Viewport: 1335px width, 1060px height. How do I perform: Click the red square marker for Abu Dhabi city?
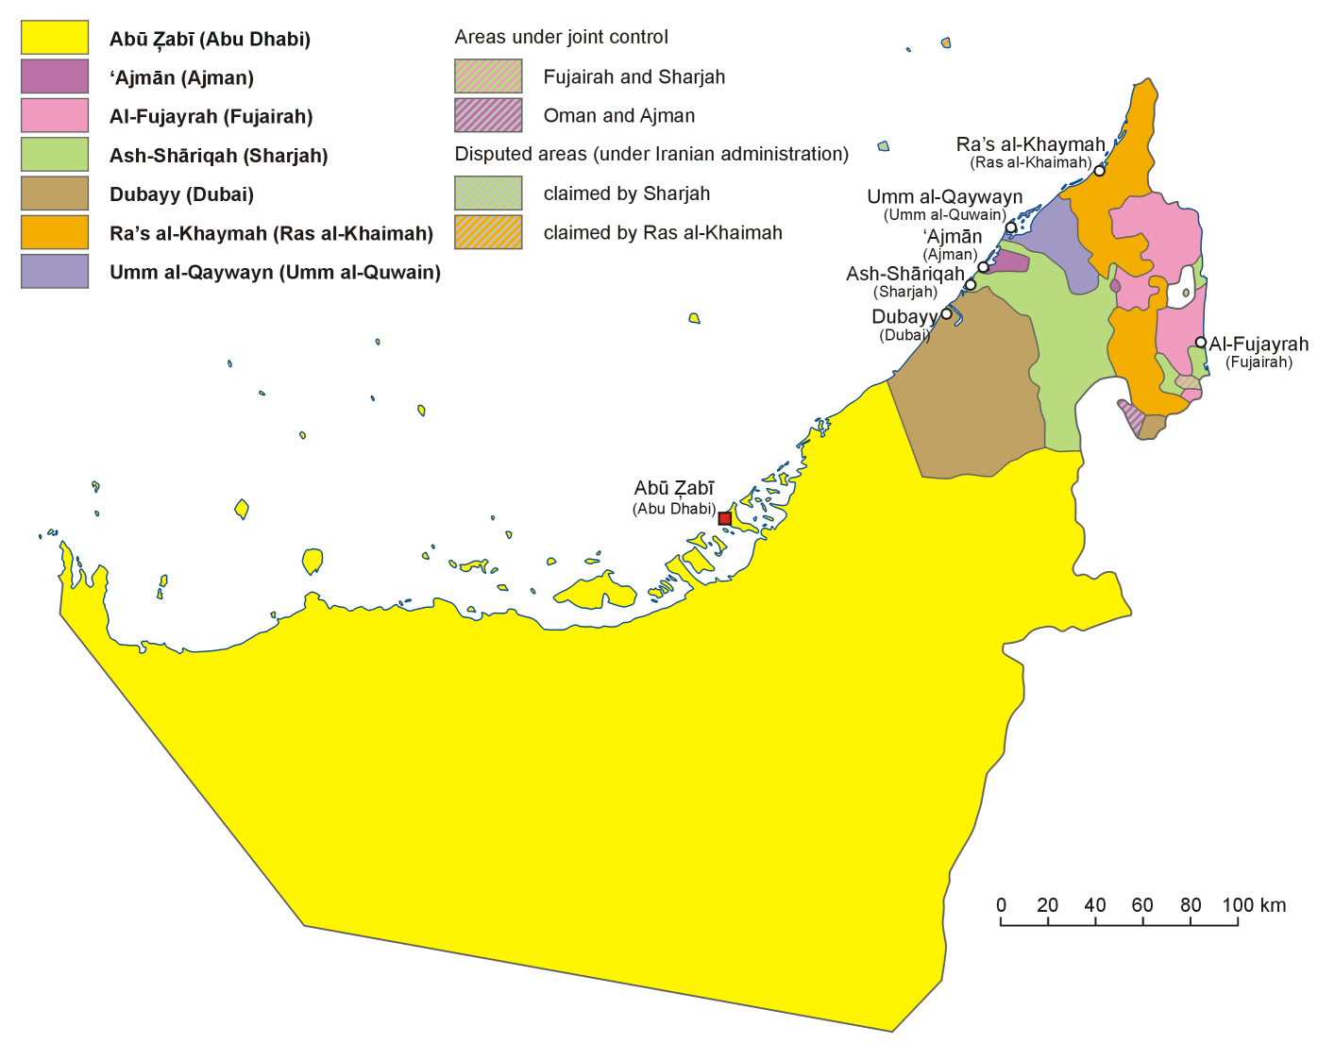tap(724, 518)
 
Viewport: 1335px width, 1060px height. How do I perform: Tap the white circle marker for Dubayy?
tap(947, 313)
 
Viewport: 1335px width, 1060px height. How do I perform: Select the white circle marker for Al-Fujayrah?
tap(1200, 343)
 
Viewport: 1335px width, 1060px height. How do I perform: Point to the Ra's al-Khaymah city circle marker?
tap(1099, 171)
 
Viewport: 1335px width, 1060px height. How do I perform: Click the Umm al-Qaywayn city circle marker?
tap(1011, 227)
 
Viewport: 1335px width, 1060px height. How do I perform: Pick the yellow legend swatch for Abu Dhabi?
tap(55, 38)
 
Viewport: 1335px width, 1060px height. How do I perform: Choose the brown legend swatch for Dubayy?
tap(55, 193)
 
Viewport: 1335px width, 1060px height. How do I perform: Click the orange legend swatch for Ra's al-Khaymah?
tap(55, 232)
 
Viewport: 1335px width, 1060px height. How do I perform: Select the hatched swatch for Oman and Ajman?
tap(488, 115)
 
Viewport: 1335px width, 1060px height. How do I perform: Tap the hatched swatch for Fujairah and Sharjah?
tap(488, 76)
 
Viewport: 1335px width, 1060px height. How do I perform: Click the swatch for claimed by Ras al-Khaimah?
tap(488, 232)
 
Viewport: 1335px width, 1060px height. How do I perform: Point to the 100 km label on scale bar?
tap(1253, 905)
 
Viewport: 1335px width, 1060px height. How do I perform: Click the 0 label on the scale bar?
tap(1001, 905)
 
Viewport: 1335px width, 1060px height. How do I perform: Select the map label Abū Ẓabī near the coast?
tap(673, 488)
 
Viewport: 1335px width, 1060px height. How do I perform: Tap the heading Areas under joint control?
tap(561, 37)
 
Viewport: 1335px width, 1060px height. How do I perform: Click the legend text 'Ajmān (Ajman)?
tap(181, 77)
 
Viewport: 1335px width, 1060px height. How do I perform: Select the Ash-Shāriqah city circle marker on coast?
tap(970, 284)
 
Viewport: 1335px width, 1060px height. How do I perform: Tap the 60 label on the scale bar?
tap(1142, 905)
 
